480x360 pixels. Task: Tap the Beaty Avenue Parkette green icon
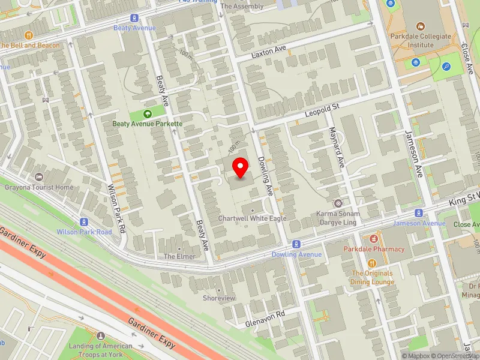tap(148, 114)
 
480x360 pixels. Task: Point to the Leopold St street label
tap(322, 107)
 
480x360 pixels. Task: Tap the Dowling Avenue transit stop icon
tap(296, 244)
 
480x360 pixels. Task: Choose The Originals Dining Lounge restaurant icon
tap(372, 263)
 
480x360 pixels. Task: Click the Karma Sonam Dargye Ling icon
tap(338, 203)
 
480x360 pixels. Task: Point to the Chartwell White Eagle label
tap(252, 218)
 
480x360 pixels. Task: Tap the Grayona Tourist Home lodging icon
tap(39, 177)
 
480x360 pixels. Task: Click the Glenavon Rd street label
tap(265, 319)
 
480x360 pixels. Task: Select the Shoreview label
tap(218, 298)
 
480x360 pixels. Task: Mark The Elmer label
tap(179, 256)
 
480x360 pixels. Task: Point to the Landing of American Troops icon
tap(100, 335)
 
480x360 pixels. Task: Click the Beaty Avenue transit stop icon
tap(134, 18)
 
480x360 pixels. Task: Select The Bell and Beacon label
tap(30, 46)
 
